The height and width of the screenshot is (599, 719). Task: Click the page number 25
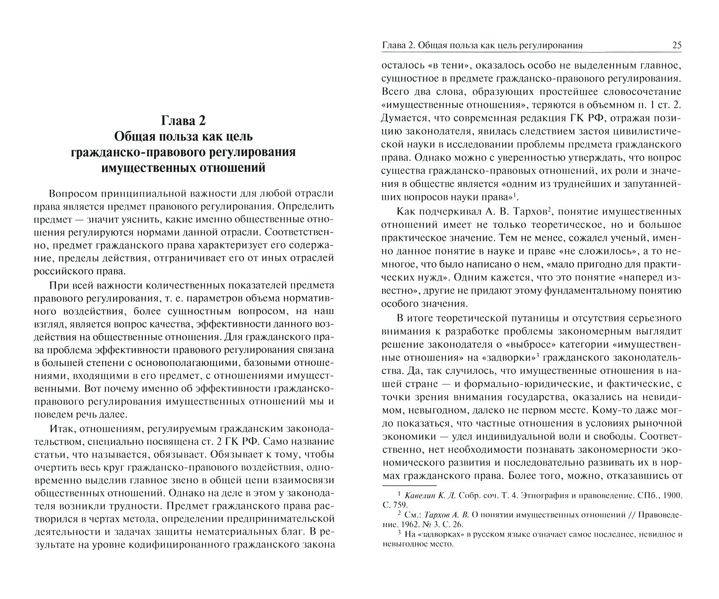pyautogui.click(x=677, y=45)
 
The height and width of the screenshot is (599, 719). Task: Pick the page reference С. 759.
pyautogui.click(x=394, y=505)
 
